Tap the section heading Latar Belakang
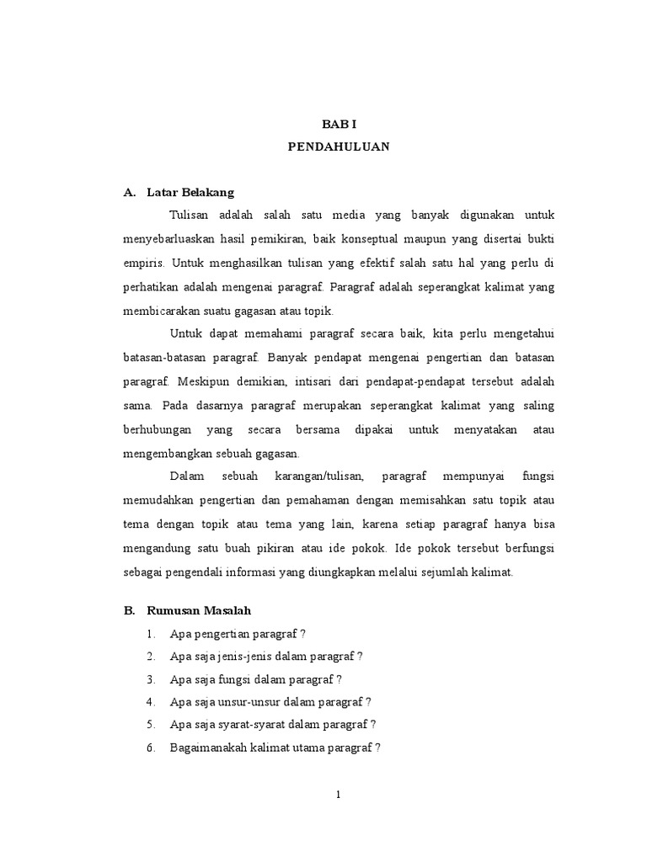pos(190,192)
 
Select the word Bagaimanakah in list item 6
pos(209,747)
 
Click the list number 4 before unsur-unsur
pos(148,701)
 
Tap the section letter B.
pos(129,609)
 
